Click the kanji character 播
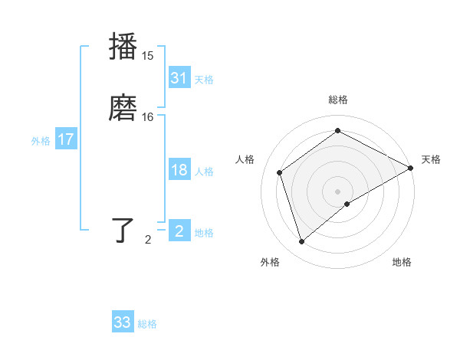pyautogui.click(x=124, y=46)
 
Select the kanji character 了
pyautogui.click(x=124, y=231)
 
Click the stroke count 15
pyautogui.click(x=148, y=55)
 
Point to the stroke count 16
pyautogui.click(x=148, y=117)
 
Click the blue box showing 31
pyautogui.click(x=179, y=78)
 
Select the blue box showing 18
pyautogui.click(x=179, y=171)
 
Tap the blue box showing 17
pyautogui.click(x=65, y=140)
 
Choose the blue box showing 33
pyautogui.click(x=123, y=322)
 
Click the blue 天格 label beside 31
pyautogui.click(x=204, y=80)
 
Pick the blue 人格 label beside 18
pyautogui.click(x=204, y=172)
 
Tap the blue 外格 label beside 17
pyautogui.click(x=41, y=141)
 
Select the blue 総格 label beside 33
pyautogui.click(x=147, y=324)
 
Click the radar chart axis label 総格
pyautogui.click(x=338, y=100)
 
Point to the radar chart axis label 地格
pyautogui.click(x=402, y=263)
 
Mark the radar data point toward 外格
pyautogui.click(x=301, y=242)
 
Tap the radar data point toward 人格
pyautogui.click(x=280, y=172)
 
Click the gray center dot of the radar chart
pyautogui.click(x=338, y=191)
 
